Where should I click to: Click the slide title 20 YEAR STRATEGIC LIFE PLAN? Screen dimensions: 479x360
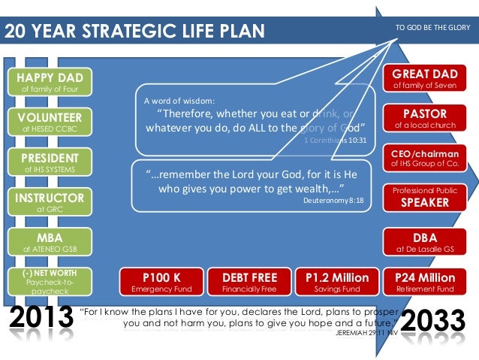click(x=136, y=31)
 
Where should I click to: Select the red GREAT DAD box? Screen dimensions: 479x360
click(x=425, y=79)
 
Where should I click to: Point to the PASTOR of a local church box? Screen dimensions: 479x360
click(x=425, y=118)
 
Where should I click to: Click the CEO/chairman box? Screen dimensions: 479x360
click(x=425, y=157)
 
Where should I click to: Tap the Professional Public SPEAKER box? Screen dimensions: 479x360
click(x=425, y=197)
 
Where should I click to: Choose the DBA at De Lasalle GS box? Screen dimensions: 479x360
click(x=425, y=241)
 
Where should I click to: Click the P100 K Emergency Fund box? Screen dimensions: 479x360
click(x=161, y=282)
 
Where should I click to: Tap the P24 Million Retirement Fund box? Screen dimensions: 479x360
click(x=425, y=282)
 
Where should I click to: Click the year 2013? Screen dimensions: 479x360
click(x=40, y=319)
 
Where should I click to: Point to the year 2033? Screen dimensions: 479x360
click(x=436, y=321)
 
